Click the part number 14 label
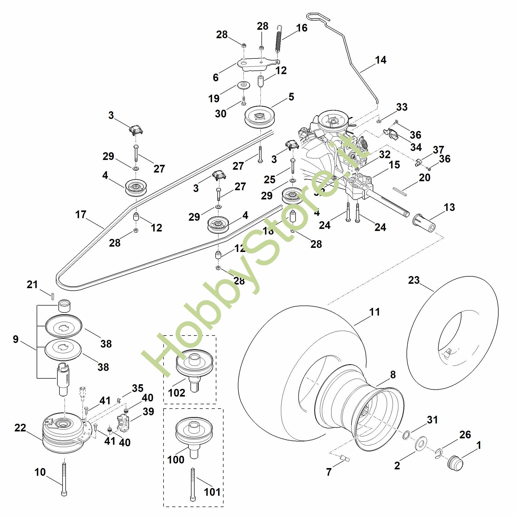(x=381, y=60)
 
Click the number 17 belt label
(x=81, y=214)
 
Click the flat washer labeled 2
(x=421, y=444)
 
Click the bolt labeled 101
(x=193, y=485)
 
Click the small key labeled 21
(x=53, y=296)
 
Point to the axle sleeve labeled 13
(x=424, y=222)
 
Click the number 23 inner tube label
(x=414, y=280)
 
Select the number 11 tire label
(x=375, y=312)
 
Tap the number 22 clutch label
(x=20, y=428)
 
